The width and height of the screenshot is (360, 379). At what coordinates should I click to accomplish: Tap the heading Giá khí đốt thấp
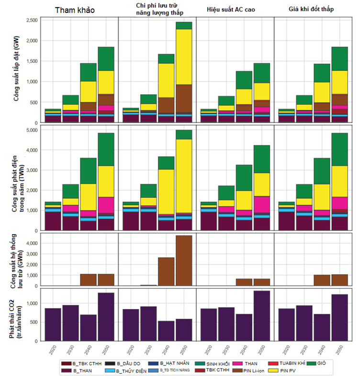pos(313,10)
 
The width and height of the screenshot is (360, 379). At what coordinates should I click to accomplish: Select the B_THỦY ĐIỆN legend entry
pos(124,370)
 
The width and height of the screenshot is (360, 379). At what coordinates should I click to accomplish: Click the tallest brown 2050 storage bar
pos(184,261)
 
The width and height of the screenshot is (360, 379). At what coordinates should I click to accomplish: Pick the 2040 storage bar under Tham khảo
pos(88,280)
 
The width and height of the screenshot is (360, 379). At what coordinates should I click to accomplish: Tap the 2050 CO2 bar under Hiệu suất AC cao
pos(262,316)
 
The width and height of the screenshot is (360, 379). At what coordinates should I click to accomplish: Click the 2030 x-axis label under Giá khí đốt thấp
pos(303,350)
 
